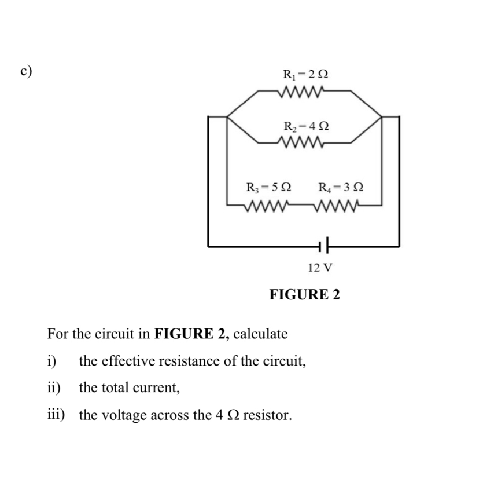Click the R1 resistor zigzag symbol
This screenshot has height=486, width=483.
303,92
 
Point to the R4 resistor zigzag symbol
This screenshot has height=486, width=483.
339,205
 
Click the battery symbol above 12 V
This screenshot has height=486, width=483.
323,246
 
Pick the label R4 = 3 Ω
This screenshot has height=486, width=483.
341,188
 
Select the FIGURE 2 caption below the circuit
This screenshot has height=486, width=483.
305,295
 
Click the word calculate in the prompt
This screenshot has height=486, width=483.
260,334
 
